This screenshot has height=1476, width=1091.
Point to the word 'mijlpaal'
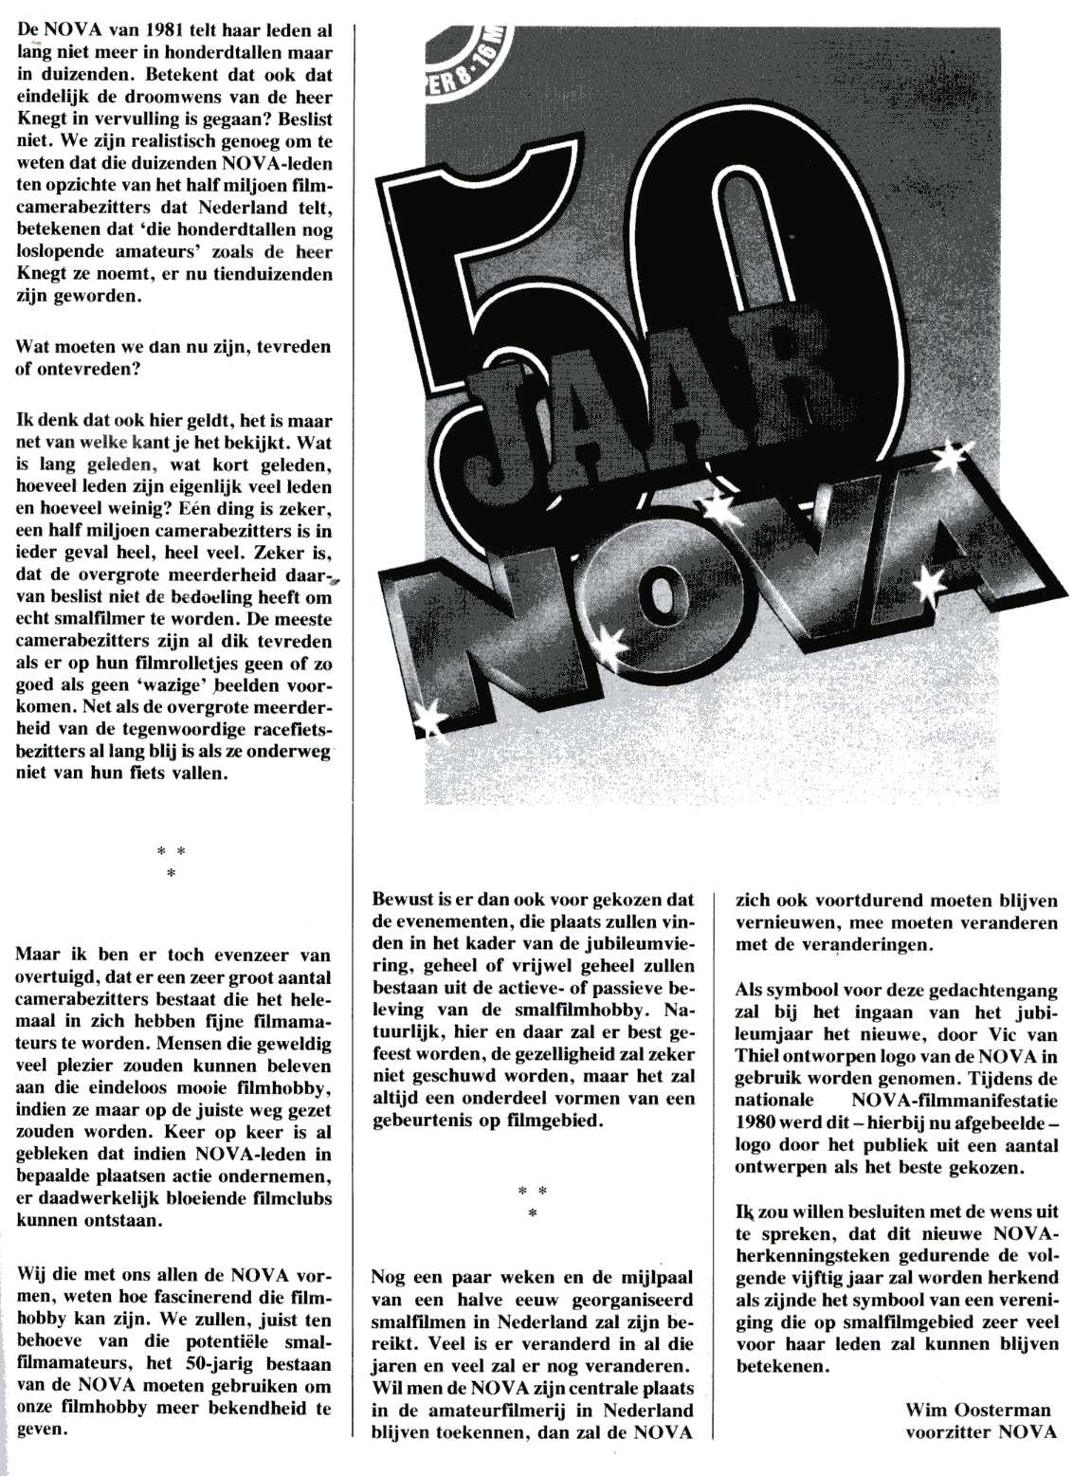(657, 1277)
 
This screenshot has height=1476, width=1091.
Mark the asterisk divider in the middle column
(532, 1200)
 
